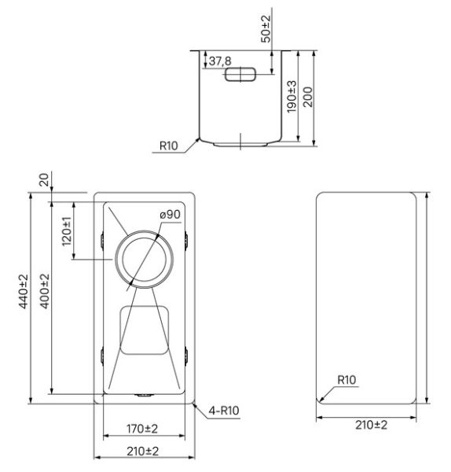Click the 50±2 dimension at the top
[266, 26]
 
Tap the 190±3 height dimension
[291, 96]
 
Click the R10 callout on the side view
[169, 146]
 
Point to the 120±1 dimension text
[67, 234]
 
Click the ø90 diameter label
[170, 215]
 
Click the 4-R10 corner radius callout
[224, 410]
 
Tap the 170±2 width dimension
[144, 429]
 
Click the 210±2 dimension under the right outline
[371, 425]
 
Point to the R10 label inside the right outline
[346, 380]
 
